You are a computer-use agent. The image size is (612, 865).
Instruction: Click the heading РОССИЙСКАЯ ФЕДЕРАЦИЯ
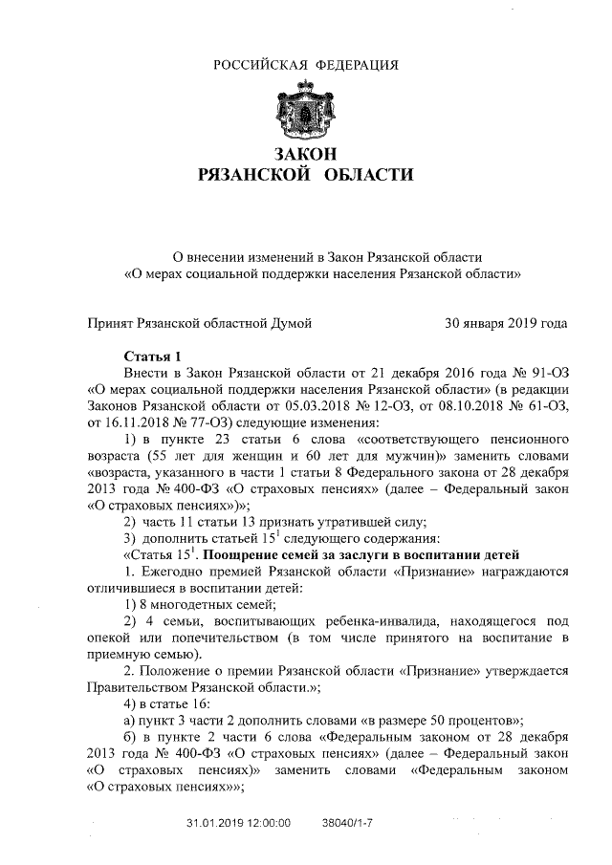[x=306, y=65]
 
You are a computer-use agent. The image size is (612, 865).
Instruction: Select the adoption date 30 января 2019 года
[x=506, y=323]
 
